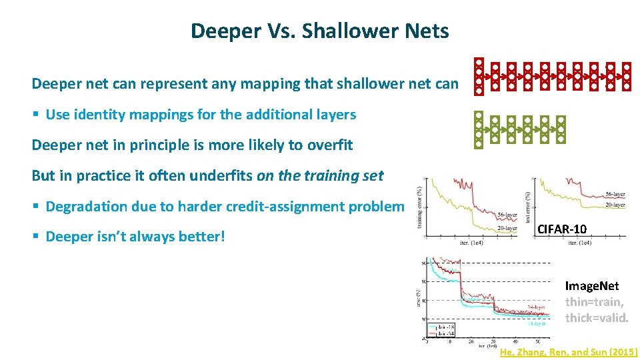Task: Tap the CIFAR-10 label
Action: pos(562,229)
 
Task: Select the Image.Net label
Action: pos(591,286)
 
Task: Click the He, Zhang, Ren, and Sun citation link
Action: pos(568,352)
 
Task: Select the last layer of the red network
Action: pos(627,77)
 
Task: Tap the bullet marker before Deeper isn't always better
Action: pos(36,237)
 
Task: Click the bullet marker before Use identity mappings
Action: pos(36,115)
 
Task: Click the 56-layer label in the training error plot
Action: pos(507,215)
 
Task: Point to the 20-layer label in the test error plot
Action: pos(615,205)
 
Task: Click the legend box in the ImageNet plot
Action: pos(441,331)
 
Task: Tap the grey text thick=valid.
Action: pos(597,317)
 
